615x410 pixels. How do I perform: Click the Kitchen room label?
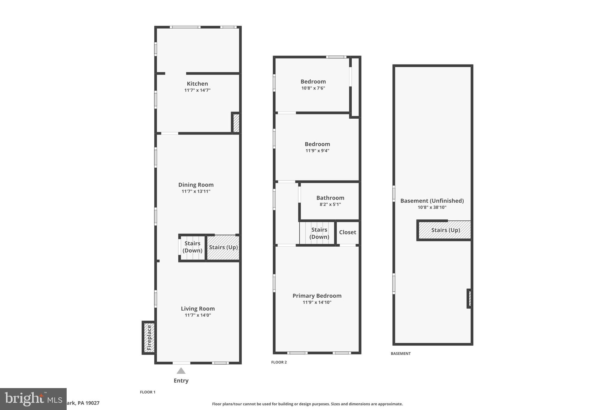[x=197, y=84]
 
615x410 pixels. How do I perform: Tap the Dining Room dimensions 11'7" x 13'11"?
[x=196, y=191]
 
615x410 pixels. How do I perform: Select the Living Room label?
[x=198, y=308]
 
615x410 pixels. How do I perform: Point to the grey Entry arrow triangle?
[x=181, y=371]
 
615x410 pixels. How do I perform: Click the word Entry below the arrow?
[x=181, y=381]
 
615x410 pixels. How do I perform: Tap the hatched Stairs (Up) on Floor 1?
[x=223, y=248]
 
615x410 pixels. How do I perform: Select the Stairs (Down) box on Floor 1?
[x=192, y=247]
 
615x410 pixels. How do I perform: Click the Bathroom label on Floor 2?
[x=330, y=198]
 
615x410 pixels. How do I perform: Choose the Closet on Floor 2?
[x=347, y=232]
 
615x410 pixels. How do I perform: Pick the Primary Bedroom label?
[x=317, y=296]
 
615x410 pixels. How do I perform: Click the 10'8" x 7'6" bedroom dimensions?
[x=313, y=88]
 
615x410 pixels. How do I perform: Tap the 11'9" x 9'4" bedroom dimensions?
[x=317, y=150]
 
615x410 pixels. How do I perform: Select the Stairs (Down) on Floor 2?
[x=319, y=233]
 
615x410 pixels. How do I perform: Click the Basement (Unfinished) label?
[x=432, y=201]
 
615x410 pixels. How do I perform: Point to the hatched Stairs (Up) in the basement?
[x=445, y=230]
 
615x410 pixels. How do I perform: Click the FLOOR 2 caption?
[x=279, y=362]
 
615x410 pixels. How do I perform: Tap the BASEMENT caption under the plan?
[x=400, y=354]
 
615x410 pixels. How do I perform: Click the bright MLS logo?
[x=33, y=399]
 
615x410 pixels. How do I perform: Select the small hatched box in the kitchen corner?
[x=236, y=123]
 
